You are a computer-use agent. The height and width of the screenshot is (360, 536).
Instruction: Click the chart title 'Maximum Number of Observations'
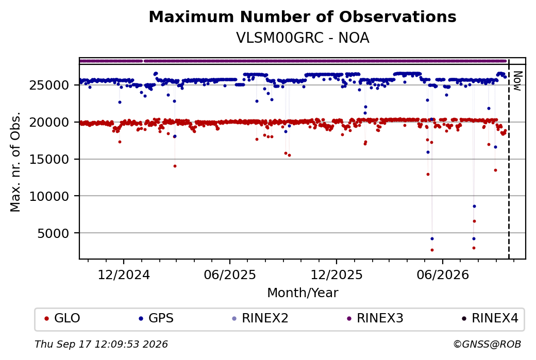(303, 16)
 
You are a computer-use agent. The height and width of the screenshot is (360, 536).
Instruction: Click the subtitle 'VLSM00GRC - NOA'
(303, 38)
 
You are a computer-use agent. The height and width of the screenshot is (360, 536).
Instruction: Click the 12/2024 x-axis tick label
(124, 275)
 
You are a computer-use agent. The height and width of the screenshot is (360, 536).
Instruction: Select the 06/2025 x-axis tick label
(230, 275)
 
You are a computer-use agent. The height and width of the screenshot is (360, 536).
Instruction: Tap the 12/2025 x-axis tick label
(337, 275)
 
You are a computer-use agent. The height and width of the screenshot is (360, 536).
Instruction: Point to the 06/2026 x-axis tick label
(443, 275)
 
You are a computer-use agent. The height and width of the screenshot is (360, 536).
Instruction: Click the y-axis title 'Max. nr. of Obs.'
(15, 162)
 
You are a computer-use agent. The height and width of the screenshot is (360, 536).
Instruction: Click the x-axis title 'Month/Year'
(303, 293)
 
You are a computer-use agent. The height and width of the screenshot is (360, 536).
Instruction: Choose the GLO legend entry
(62, 318)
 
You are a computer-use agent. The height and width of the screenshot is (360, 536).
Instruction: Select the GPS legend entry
(156, 318)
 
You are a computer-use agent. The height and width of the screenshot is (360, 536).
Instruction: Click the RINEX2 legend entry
(260, 318)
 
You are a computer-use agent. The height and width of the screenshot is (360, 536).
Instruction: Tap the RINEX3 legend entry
(375, 318)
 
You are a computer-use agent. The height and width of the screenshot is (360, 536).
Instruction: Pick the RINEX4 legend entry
(490, 318)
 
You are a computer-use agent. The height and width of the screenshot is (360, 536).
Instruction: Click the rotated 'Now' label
(517, 81)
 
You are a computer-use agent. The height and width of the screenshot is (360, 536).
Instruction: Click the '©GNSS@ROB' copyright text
(487, 344)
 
